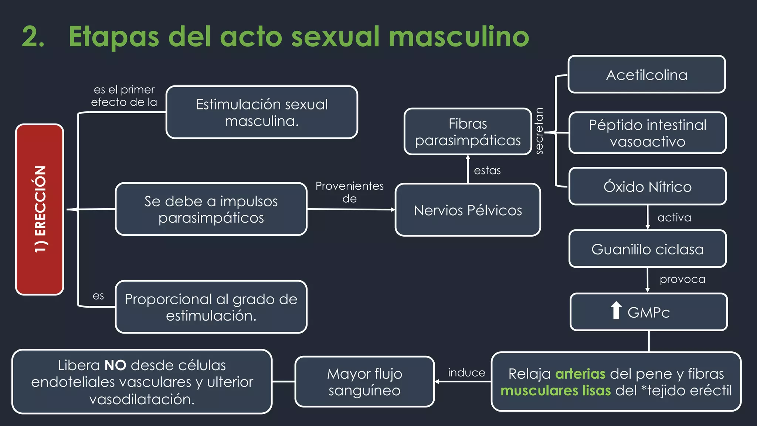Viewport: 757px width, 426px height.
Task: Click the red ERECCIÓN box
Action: [40, 209]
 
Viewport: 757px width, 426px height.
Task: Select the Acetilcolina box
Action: [646, 74]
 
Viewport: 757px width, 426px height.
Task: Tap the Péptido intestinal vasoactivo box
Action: [647, 133]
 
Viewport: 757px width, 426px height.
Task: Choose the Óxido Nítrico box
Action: [647, 186]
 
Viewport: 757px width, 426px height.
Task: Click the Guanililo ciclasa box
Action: [647, 249]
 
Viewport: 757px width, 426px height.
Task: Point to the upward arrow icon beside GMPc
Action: [616, 310]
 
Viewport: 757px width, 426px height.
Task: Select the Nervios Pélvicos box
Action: [468, 210]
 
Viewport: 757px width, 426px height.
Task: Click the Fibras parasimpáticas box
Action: [468, 132]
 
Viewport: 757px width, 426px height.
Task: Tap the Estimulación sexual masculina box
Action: [262, 112]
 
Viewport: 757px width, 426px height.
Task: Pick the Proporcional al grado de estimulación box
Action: [211, 307]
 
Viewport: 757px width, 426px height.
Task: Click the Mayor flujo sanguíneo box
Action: [364, 382]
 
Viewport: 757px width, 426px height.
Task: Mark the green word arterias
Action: [580, 374]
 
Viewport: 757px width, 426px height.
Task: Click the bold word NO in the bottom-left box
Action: [115, 365]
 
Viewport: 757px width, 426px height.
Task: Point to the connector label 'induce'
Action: [466, 373]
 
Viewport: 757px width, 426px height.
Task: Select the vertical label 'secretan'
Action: [539, 131]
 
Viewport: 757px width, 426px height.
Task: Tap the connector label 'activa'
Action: [674, 217]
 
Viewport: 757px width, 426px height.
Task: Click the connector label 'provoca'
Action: [682, 279]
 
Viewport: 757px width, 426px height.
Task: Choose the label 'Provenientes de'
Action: [349, 192]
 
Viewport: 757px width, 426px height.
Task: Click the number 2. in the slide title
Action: [33, 37]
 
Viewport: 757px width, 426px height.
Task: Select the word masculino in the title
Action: [459, 37]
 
